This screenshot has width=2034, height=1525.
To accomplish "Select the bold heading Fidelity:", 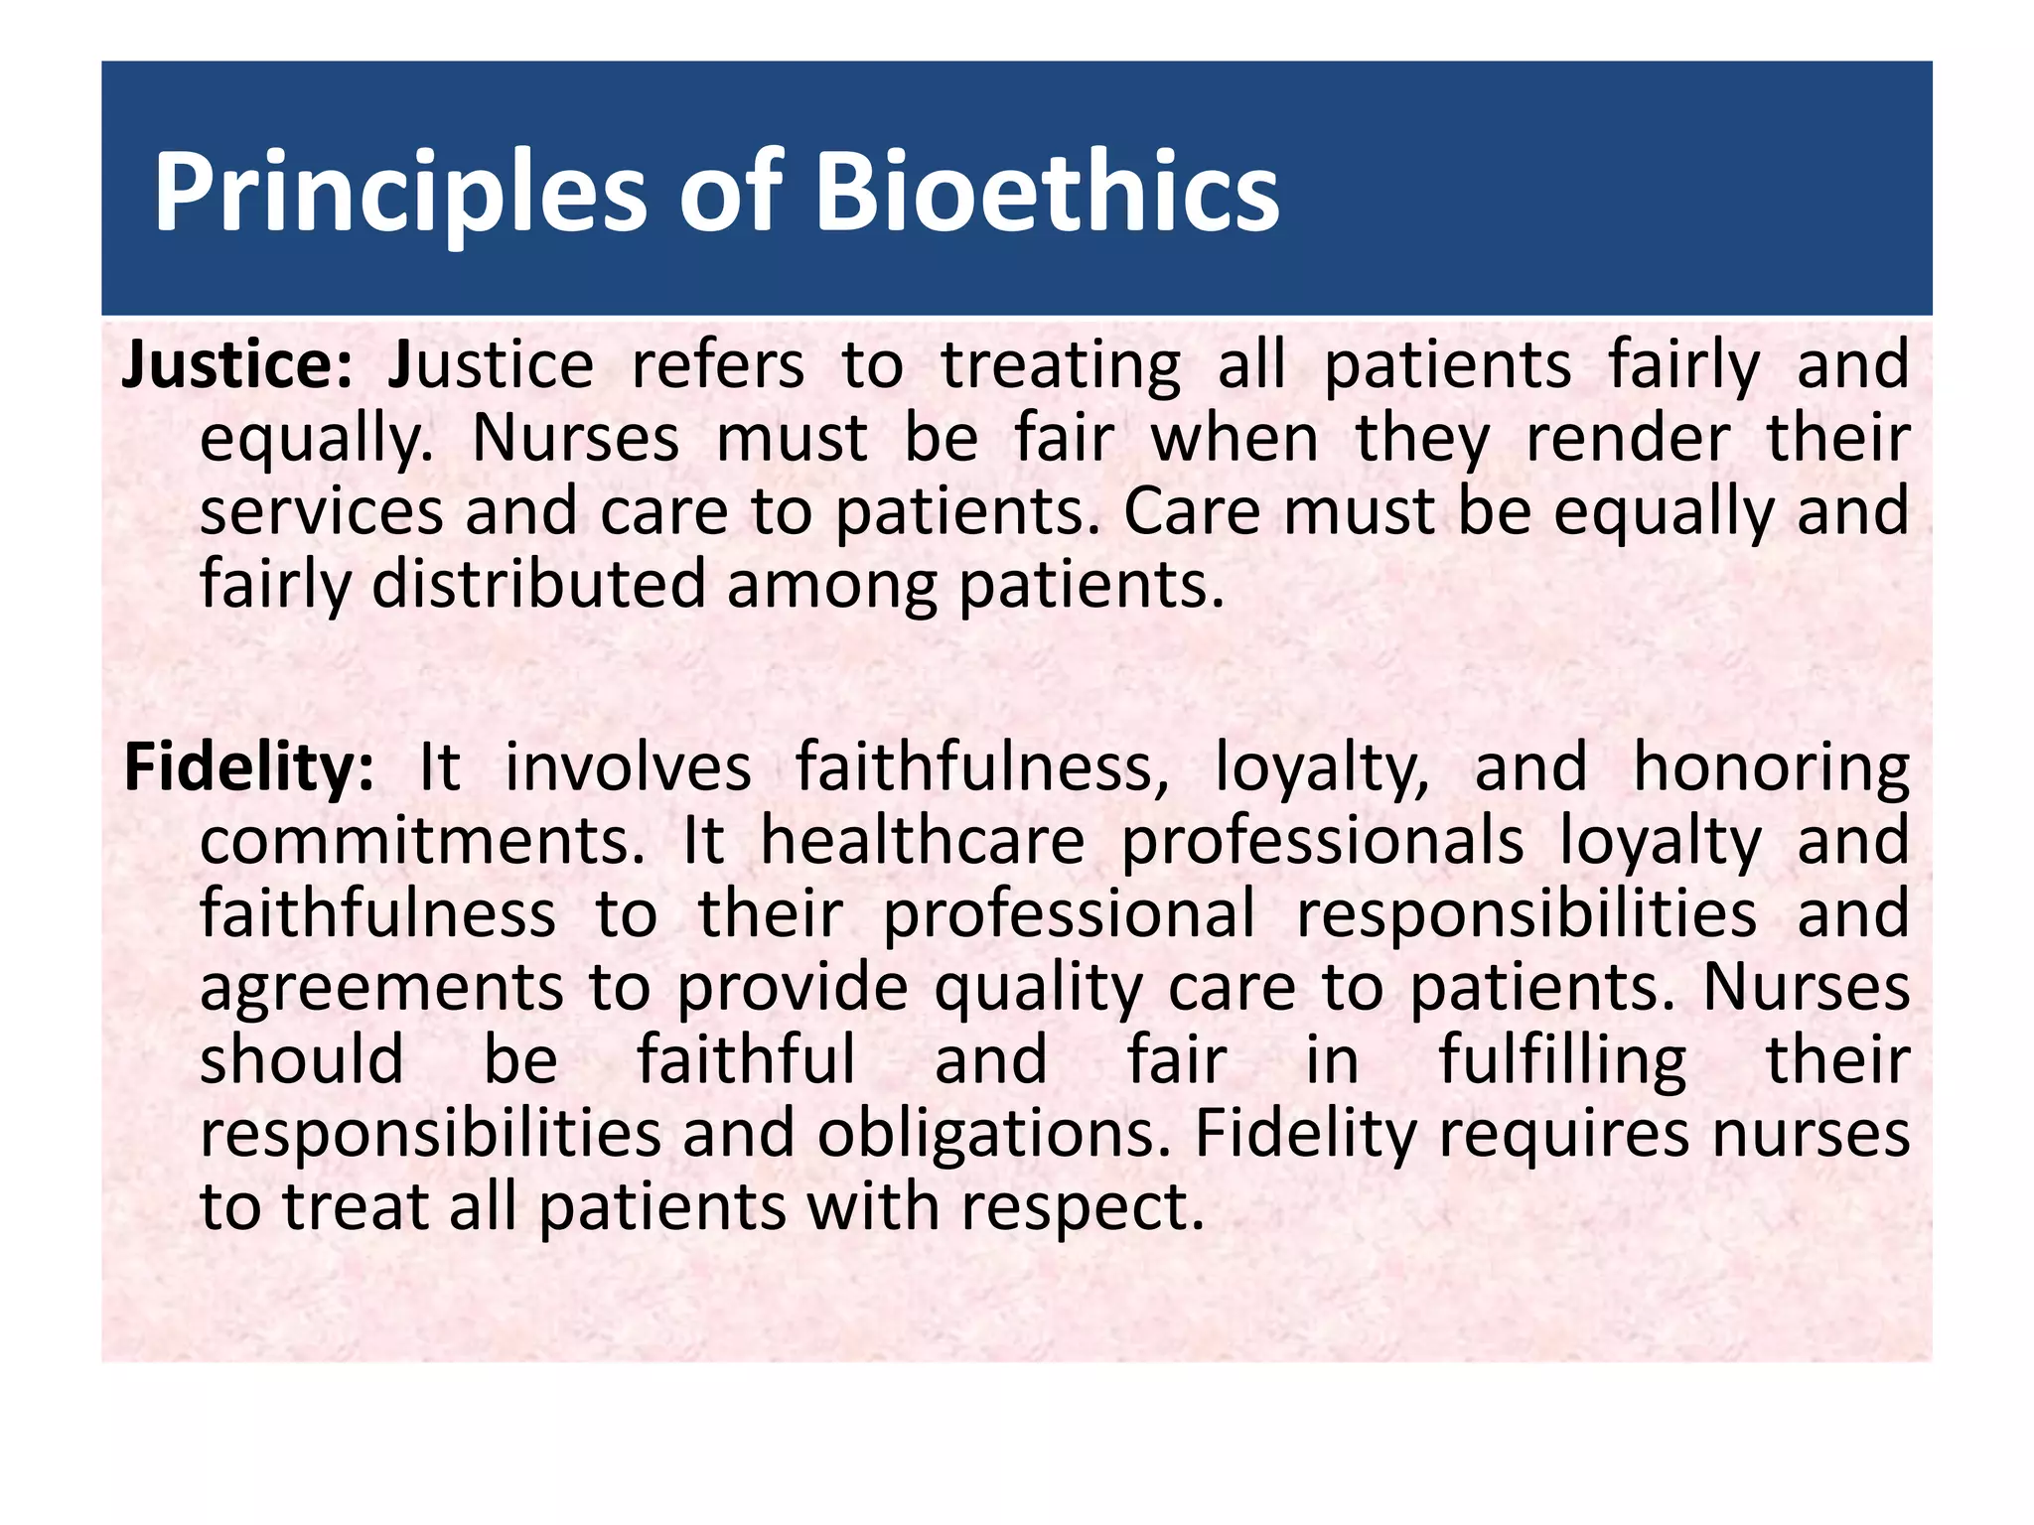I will pos(249,768).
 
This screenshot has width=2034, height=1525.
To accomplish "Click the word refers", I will pos(717,365).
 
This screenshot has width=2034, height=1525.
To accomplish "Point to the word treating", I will pos(1061,365).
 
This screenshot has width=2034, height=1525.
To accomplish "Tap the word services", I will pos(321,512).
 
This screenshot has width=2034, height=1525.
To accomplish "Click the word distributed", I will pos(537,586).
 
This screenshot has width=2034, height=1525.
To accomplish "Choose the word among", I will pos(831,586).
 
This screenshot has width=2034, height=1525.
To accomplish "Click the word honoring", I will pos(1771,768).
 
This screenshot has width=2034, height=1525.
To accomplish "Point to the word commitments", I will pos(422,842).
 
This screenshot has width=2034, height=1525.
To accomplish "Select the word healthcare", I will pos(923,842).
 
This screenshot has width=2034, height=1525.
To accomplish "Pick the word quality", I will pos(1039,989).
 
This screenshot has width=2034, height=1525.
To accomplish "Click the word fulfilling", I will pos(1562,1060).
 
